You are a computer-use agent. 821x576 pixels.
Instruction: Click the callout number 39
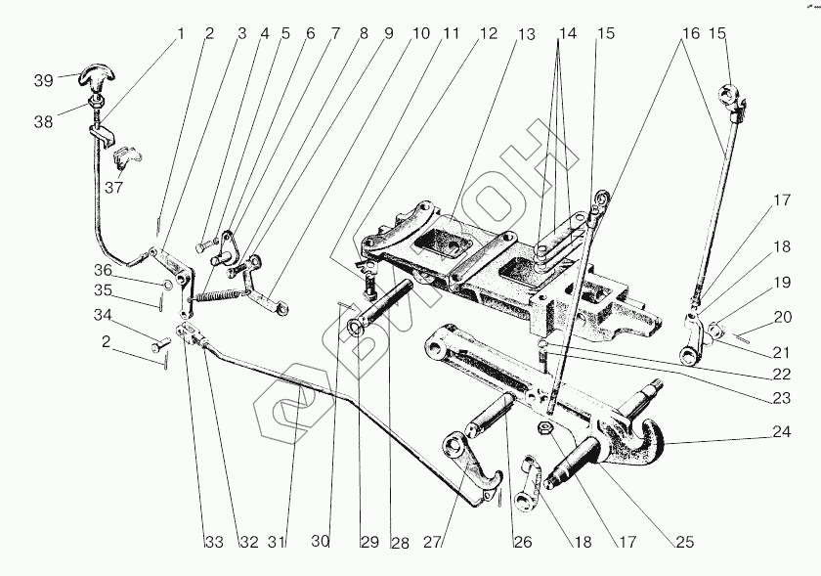click(x=43, y=80)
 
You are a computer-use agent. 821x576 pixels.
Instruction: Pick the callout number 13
click(x=527, y=34)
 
